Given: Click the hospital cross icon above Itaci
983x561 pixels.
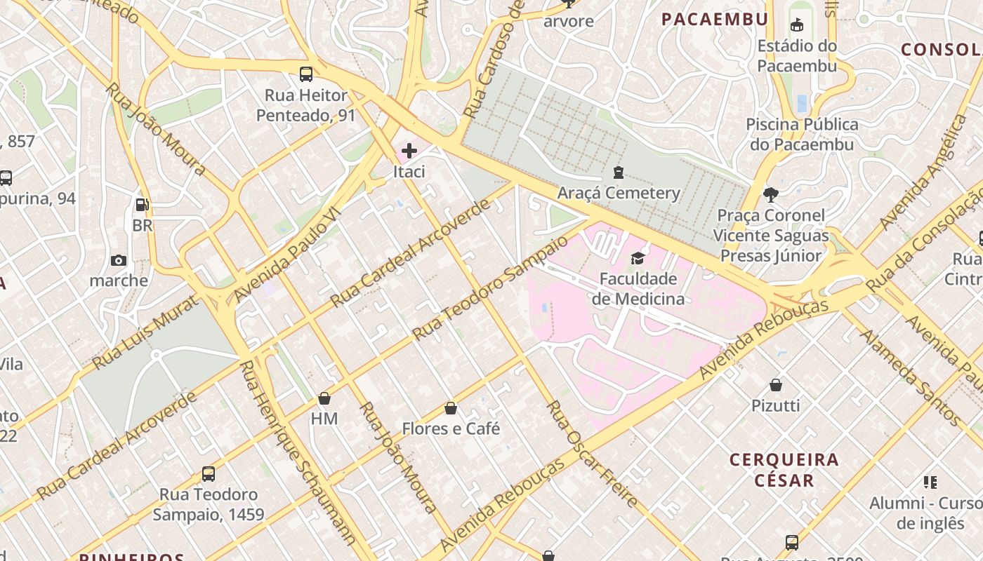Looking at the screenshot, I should tap(409, 150).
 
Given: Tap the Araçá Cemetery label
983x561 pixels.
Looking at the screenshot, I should tap(619, 193).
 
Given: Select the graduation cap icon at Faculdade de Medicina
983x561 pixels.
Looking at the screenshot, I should tap(638, 259).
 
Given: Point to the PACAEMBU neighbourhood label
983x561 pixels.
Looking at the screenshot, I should tap(715, 19).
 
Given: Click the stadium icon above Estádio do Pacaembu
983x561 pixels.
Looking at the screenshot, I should tap(797, 26).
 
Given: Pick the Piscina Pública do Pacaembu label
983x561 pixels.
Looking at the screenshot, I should tap(802, 135).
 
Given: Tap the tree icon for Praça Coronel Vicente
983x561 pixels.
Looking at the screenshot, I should tap(771, 194).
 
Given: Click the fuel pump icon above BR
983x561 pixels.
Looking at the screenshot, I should tap(143, 205).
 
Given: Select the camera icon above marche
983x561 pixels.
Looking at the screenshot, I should tap(119, 261).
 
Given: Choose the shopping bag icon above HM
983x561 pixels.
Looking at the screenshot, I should tap(324, 398).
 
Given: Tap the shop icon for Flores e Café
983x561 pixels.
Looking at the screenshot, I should tap(451, 408).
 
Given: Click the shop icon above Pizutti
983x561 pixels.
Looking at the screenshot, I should tap(776, 385).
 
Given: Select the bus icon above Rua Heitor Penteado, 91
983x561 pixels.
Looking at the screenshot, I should tap(306, 74).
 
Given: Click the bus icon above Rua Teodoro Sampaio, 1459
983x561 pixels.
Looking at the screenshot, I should tap(209, 474).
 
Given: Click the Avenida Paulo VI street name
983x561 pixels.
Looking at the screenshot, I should tap(286, 255).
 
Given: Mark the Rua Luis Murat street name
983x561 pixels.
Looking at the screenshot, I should tap(145, 332).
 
